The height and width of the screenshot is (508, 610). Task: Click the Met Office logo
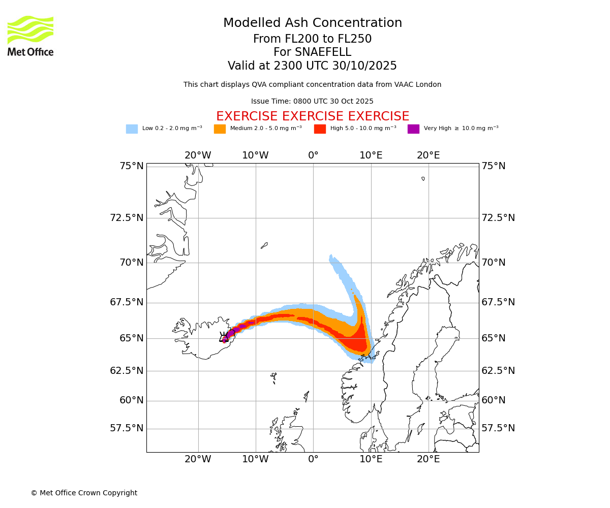(30, 36)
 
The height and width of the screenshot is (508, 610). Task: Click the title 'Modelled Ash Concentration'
(312, 23)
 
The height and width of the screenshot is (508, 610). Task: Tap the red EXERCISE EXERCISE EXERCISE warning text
(312, 117)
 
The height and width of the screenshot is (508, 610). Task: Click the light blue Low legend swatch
(132, 129)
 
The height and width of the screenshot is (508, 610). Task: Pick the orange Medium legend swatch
(220, 129)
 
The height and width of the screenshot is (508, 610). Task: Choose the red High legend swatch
(320, 129)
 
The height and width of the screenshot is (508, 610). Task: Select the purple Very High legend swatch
(413, 129)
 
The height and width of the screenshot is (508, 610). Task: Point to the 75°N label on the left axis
(132, 166)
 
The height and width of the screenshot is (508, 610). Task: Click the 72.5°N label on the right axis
(498, 218)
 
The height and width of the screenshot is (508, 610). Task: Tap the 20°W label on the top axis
(198, 155)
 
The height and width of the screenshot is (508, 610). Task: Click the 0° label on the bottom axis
(313, 459)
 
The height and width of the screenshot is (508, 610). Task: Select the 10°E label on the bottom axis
(371, 459)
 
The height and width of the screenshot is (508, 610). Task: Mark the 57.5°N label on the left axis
(127, 428)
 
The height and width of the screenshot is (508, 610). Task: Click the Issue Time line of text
(312, 102)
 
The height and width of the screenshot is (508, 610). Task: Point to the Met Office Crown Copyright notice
(84, 493)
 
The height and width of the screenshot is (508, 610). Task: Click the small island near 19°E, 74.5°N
(423, 178)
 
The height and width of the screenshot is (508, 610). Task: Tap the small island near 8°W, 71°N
(264, 245)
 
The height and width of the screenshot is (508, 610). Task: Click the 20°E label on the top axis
(429, 155)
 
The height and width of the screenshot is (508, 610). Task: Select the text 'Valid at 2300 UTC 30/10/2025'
(312, 66)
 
